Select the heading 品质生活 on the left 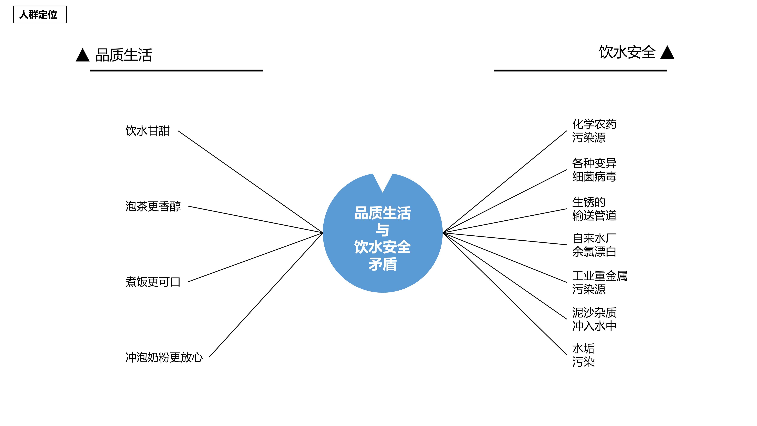point(124,55)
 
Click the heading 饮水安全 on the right point(627,52)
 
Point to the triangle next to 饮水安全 point(667,53)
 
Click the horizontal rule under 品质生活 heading point(176,71)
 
